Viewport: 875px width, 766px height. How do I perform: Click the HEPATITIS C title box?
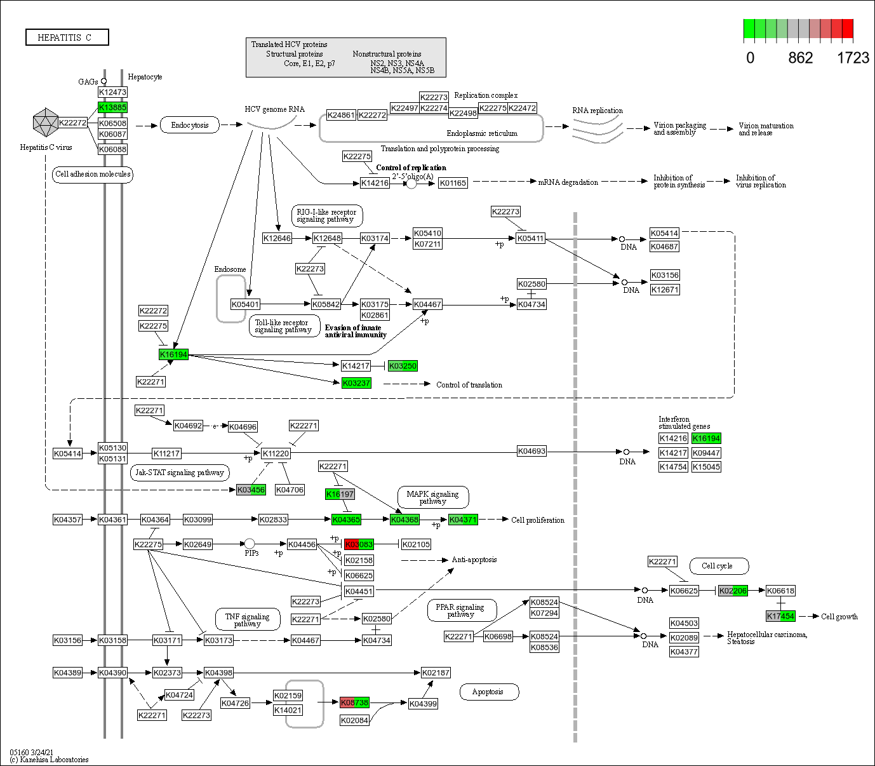point(67,37)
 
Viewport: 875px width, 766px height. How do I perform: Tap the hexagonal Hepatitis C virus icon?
point(45,123)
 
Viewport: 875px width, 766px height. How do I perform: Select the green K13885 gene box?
point(112,107)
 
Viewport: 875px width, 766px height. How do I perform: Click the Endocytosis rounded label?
point(190,125)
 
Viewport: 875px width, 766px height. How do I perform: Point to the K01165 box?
point(453,183)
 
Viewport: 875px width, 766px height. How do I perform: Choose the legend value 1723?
point(852,58)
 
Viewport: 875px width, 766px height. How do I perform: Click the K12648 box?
point(327,238)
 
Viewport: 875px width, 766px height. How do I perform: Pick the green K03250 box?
point(403,366)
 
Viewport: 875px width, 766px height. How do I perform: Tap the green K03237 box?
point(356,383)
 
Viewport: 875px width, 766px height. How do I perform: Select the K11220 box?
point(276,454)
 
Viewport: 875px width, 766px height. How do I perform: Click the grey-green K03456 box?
point(251,490)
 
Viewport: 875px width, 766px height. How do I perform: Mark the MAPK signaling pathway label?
point(433,497)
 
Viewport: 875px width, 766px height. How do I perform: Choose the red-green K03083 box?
point(359,544)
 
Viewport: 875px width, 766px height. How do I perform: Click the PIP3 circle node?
point(250,544)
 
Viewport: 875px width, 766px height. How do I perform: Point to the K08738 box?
point(354,702)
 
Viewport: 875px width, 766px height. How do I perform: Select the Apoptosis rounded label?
point(488,692)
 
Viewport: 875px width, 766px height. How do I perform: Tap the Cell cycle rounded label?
point(717,566)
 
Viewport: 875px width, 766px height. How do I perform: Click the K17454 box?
point(780,616)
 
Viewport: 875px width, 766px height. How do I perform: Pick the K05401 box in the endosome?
point(245,304)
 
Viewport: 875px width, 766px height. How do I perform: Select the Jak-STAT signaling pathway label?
point(180,473)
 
